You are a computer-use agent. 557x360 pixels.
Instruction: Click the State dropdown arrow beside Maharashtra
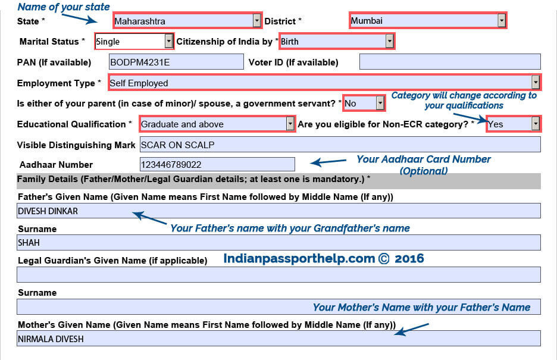tap(257, 21)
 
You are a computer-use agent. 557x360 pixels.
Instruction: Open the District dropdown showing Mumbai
tap(428, 21)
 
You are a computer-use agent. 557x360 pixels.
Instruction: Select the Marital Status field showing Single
tap(134, 41)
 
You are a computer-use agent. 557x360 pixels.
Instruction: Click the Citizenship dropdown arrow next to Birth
tap(389, 41)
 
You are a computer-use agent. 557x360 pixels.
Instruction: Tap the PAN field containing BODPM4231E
tap(176, 62)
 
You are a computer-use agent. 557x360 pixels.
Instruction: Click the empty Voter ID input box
tap(450, 62)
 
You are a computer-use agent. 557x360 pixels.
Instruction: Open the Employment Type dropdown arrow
tap(536, 83)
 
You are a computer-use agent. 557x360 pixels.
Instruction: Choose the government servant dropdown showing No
tap(364, 104)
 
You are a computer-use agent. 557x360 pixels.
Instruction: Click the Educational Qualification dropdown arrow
tap(290, 124)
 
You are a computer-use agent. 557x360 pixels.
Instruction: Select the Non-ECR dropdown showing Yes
tap(514, 124)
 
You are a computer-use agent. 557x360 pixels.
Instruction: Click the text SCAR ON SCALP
tap(177, 145)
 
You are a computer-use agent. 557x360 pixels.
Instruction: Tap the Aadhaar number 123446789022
tap(171, 165)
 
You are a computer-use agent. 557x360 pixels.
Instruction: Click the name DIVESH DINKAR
tap(48, 211)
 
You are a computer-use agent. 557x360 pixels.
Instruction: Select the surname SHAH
tap(29, 243)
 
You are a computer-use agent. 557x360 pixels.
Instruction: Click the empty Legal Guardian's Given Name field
tap(278, 275)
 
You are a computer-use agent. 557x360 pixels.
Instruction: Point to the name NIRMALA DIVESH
tap(51, 339)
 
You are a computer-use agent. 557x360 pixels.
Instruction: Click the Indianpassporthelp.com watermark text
tap(324, 258)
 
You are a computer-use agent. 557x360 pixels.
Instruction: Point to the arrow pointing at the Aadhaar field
tap(328, 162)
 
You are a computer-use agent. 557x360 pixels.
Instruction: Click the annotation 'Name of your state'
tap(64, 7)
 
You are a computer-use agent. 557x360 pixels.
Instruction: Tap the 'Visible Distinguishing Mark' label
tap(76, 145)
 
